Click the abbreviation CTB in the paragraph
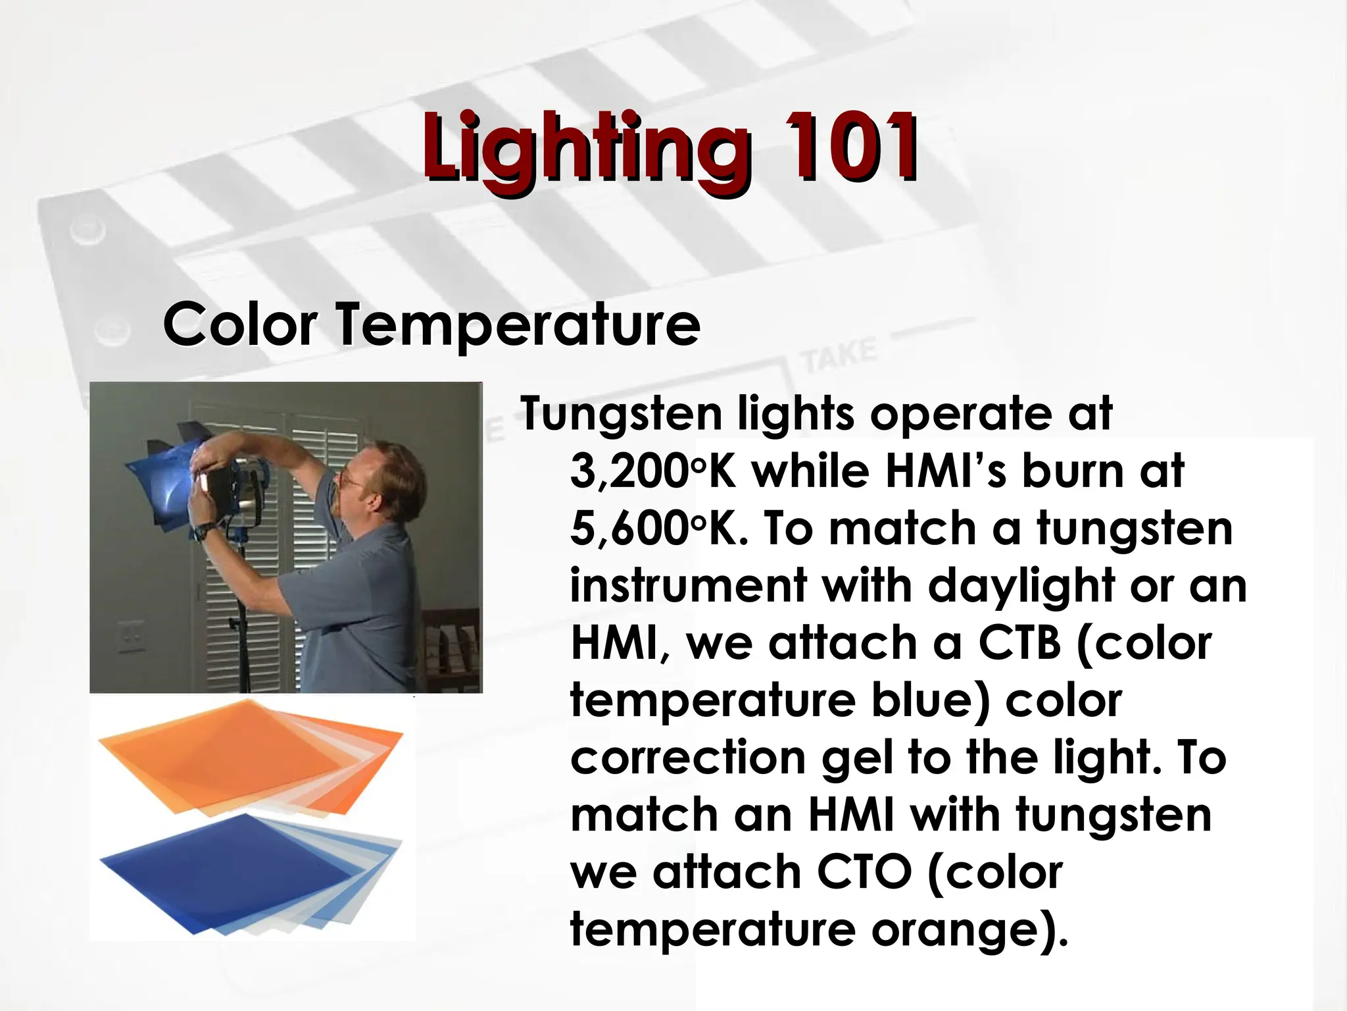pos(1019,643)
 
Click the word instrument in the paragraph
pos(687,586)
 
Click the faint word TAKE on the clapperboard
pos(839,356)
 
